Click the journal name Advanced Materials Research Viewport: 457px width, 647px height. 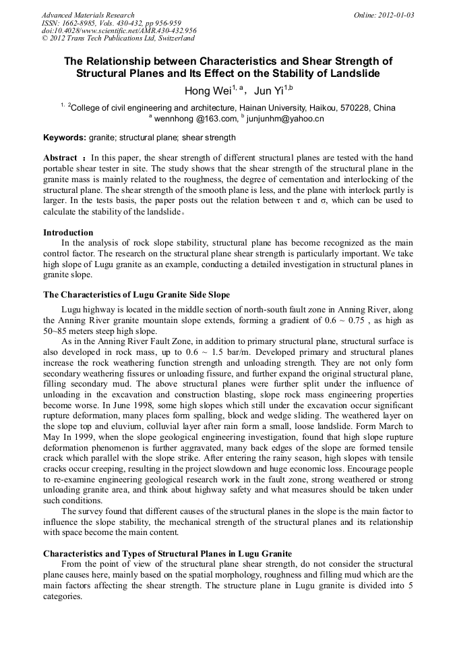[x=88, y=15]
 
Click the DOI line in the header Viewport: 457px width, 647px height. [x=119, y=30]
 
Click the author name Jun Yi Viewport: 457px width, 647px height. [x=268, y=91]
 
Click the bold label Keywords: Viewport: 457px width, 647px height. [x=65, y=138]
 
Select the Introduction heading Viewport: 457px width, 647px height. [x=68, y=233]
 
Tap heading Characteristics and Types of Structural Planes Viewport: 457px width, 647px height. [x=167, y=554]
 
